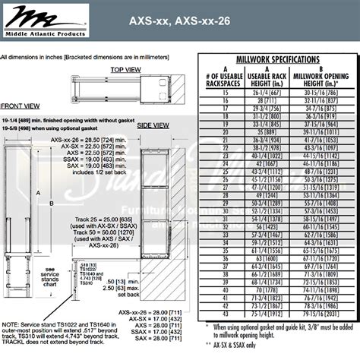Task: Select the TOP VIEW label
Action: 126,69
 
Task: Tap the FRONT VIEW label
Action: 21,106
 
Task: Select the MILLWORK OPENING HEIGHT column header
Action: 321,77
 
